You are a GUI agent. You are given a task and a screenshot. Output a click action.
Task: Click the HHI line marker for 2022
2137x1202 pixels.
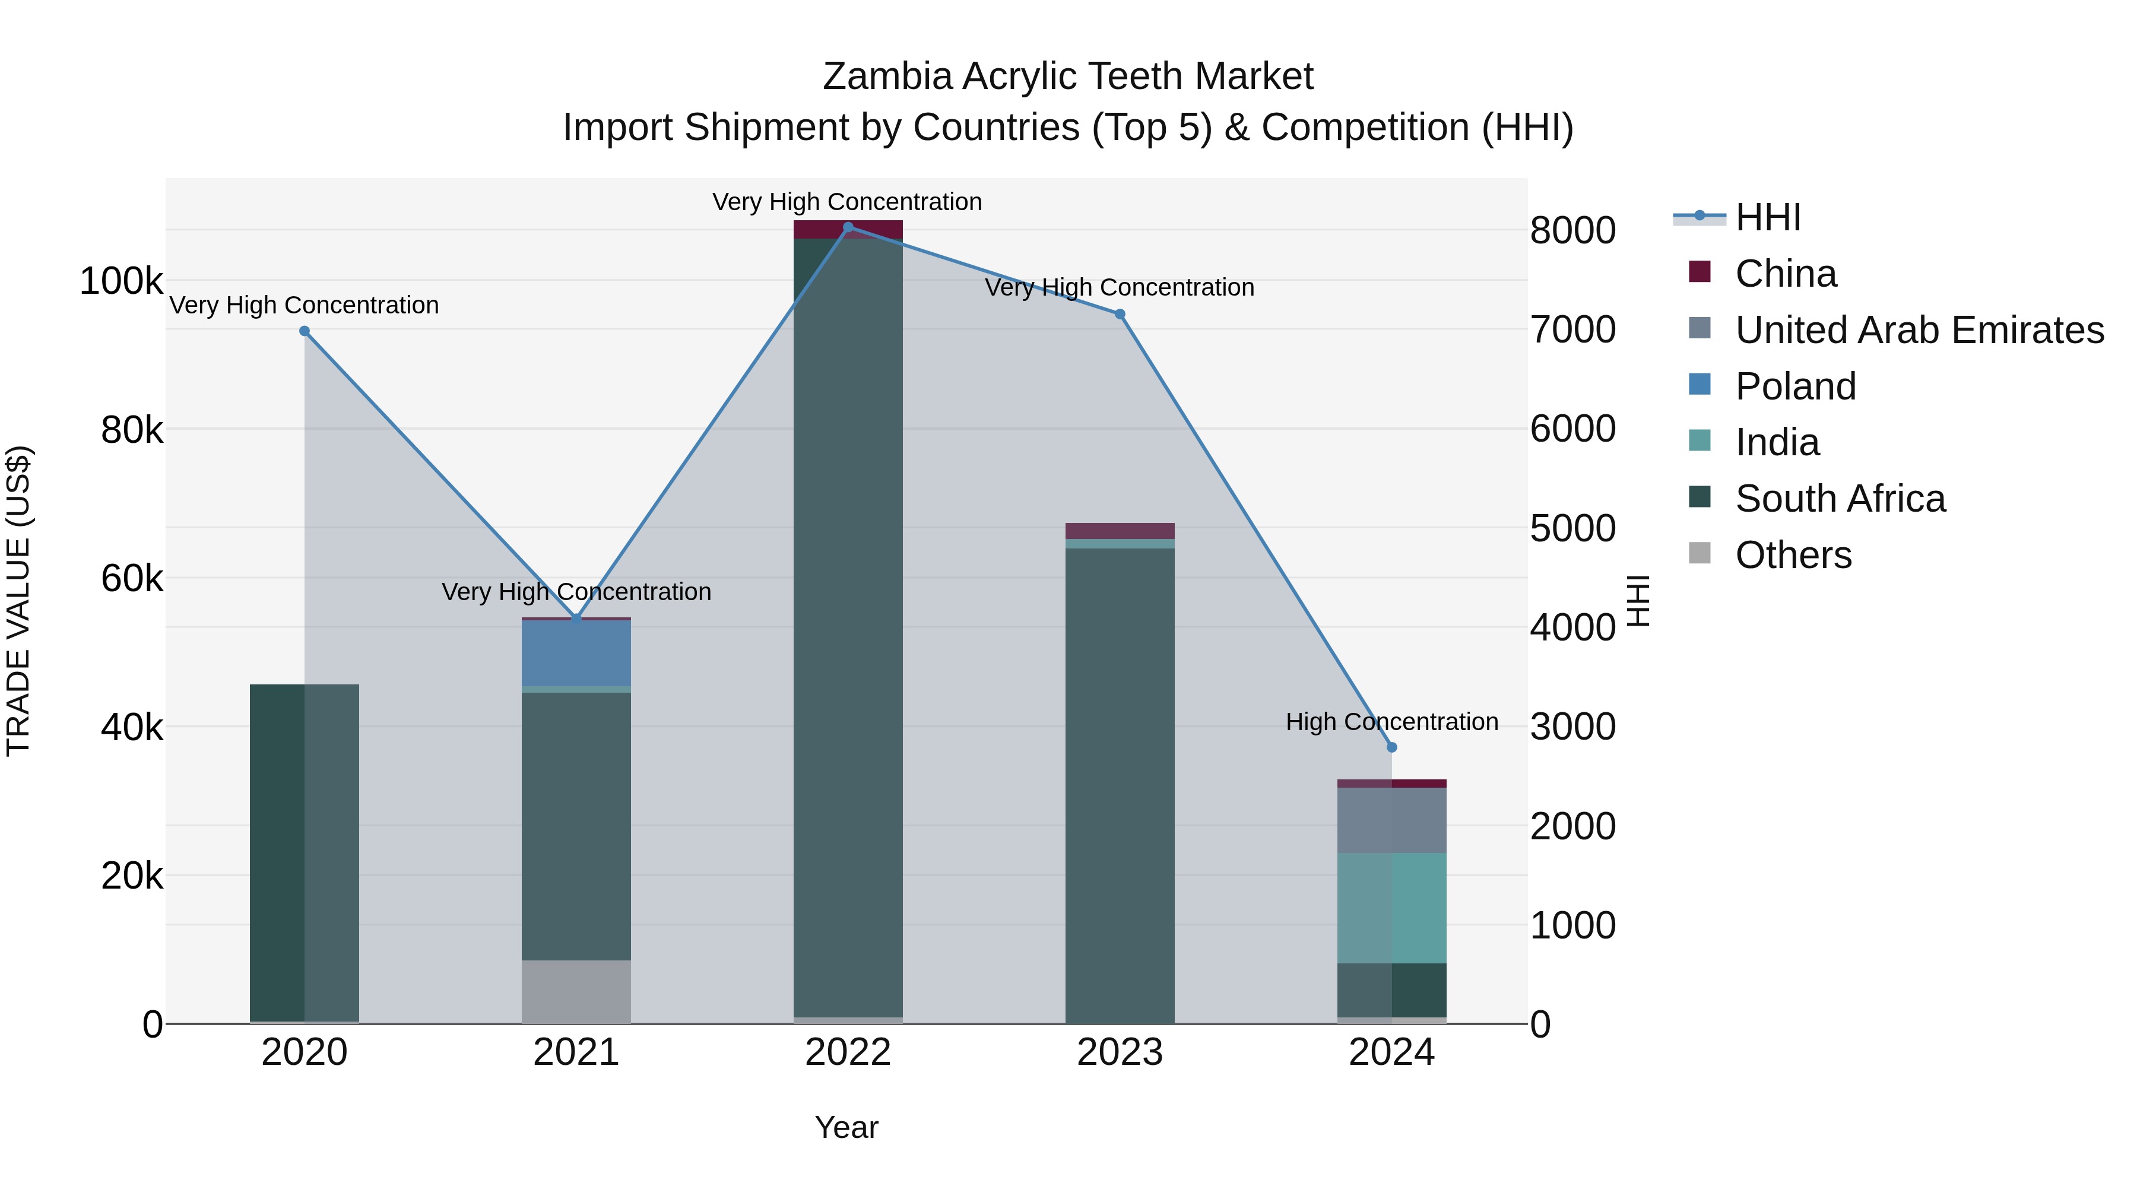point(848,227)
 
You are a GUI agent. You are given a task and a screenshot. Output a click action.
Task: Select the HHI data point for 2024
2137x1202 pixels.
point(1392,747)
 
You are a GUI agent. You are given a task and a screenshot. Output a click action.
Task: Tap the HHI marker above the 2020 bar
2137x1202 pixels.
point(305,331)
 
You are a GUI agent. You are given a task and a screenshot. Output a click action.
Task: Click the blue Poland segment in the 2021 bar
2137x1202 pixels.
point(576,654)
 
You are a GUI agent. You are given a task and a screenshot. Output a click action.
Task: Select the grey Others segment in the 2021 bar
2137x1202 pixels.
point(576,991)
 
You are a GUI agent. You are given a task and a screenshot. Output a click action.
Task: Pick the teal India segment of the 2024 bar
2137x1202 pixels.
point(1392,908)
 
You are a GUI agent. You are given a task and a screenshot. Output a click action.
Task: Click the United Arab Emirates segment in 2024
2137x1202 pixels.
point(1392,820)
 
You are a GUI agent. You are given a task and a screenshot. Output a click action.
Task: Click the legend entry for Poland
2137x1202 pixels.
point(1795,386)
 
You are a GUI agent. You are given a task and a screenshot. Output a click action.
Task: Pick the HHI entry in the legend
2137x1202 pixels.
point(1767,217)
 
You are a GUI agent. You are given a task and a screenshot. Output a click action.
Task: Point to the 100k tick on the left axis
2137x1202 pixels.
point(121,281)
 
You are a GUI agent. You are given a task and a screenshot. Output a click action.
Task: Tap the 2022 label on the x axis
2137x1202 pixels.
point(848,1052)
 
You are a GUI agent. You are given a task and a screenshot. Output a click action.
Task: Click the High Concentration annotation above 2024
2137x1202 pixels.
point(1392,722)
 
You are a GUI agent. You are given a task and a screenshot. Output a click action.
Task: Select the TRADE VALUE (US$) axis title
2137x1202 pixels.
point(18,601)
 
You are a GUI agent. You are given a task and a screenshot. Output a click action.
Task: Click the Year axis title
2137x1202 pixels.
point(846,1127)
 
